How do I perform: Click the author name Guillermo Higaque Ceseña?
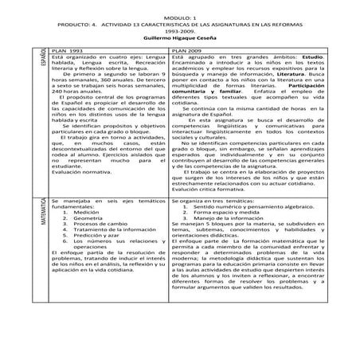[x=180, y=37]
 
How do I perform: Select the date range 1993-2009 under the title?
[x=180, y=30]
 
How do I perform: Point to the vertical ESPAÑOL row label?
[x=41, y=58]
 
